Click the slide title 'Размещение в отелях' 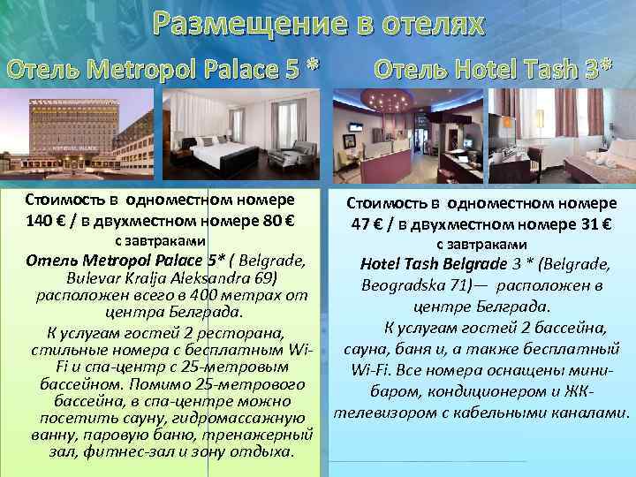click(317, 25)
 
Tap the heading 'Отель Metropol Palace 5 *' click(163, 67)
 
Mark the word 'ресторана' click(241, 333)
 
